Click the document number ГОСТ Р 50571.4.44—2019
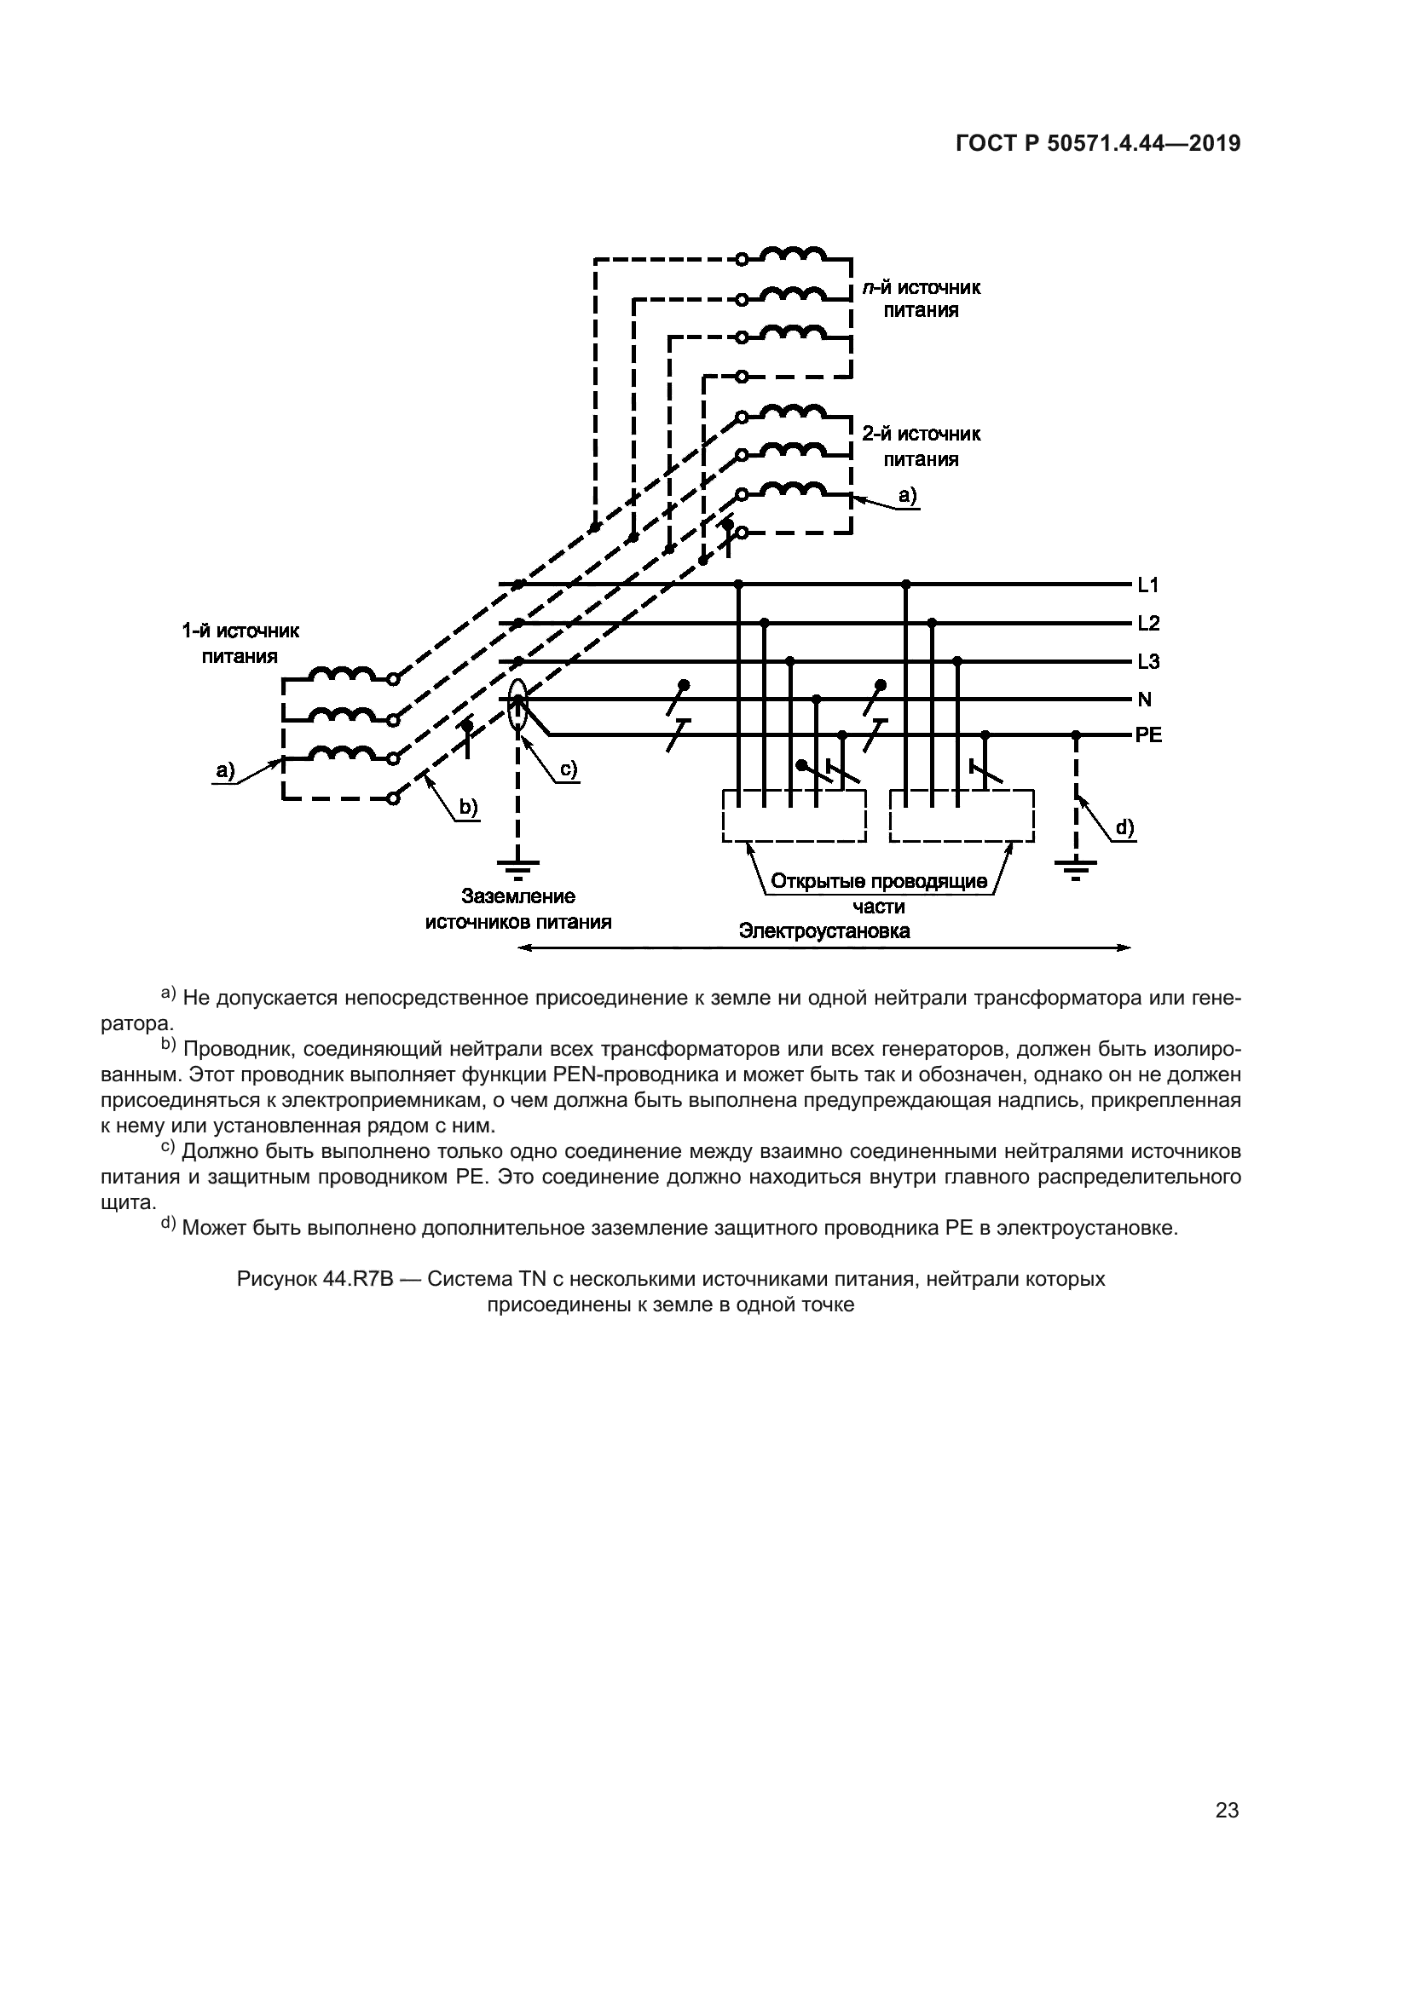pyautogui.click(x=1097, y=144)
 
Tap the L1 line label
pyautogui.click(x=1147, y=585)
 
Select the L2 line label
pyautogui.click(x=1147, y=623)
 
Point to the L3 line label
pyautogui.click(x=1147, y=661)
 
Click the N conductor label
pyautogui.click(x=1144, y=699)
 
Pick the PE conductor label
pyautogui.click(x=1147, y=736)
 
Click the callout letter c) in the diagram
pyautogui.click(x=568, y=769)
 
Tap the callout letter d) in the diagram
pyautogui.click(x=1124, y=828)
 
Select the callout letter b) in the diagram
pyautogui.click(x=468, y=808)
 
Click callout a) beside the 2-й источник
pyautogui.click(x=907, y=496)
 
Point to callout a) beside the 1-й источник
pyautogui.click(x=226, y=770)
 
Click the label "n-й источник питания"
pyautogui.click(x=922, y=298)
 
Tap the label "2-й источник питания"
pyautogui.click(x=922, y=446)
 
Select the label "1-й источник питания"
pyautogui.click(x=240, y=643)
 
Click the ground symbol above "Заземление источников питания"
pyautogui.click(x=517, y=867)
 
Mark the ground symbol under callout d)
pyautogui.click(x=1076, y=867)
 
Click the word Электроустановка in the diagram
pyautogui.click(x=824, y=931)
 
